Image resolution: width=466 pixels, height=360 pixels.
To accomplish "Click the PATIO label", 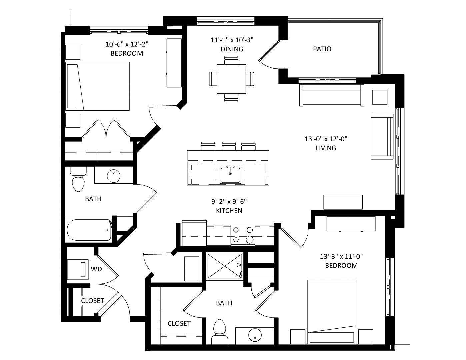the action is (x=322, y=49).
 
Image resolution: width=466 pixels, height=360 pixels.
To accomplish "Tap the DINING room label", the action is (x=232, y=49).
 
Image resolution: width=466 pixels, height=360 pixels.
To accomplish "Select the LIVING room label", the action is (x=326, y=148).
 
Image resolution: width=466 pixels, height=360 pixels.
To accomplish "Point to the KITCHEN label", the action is (x=229, y=211).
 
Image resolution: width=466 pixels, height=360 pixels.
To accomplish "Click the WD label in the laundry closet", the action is (x=96, y=269).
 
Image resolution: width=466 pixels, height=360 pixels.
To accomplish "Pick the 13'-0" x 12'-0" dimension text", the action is (x=326, y=139).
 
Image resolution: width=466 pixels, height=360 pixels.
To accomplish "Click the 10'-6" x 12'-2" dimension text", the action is (x=127, y=44).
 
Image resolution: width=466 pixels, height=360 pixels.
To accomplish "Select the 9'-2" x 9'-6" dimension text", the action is (x=229, y=202).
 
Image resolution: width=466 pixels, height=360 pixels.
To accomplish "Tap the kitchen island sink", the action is (x=230, y=175).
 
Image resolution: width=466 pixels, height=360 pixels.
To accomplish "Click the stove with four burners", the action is (x=243, y=235).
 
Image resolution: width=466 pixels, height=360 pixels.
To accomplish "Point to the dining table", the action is (x=231, y=79).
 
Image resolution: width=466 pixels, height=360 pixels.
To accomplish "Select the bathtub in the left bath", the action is (x=90, y=230).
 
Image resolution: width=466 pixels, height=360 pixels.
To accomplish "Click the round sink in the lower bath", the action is (x=255, y=334).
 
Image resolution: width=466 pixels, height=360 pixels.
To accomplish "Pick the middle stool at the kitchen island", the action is (x=229, y=146).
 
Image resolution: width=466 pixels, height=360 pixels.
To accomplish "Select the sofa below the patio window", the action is (x=332, y=95).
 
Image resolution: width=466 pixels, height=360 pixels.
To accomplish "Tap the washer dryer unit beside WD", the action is (x=78, y=270).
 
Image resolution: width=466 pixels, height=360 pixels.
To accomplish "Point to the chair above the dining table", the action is (x=231, y=60).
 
